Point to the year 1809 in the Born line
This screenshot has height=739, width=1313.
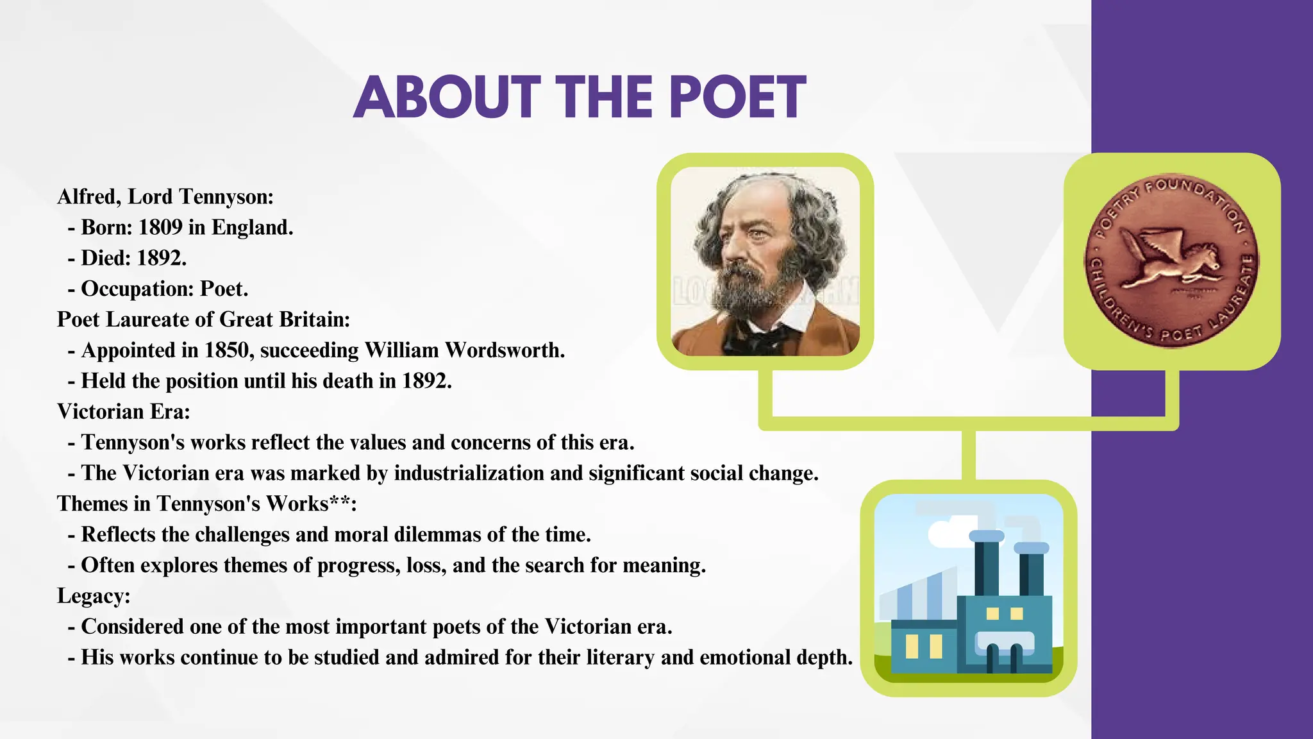(x=160, y=228)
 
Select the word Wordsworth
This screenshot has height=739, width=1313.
(x=505, y=350)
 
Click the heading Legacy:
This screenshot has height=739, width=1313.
(x=94, y=596)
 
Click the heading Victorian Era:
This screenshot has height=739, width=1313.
(x=124, y=412)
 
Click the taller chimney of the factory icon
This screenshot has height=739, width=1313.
(x=986, y=565)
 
